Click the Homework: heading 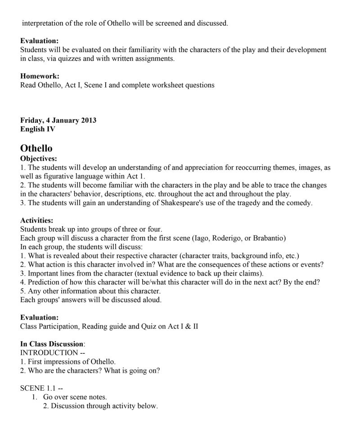point(40,76)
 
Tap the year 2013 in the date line point(89,120)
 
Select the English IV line point(38,129)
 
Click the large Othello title point(36,148)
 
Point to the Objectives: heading point(39,159)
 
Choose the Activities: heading point(37,220)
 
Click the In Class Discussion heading point(52,344)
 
